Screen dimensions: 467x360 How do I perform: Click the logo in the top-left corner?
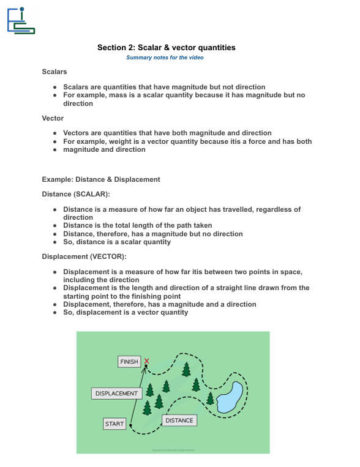click(x=20, y=20)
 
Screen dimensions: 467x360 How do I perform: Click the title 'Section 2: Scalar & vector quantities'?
click(x=166, y=48)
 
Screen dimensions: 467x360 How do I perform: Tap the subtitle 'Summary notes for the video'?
click(x=165, y=58)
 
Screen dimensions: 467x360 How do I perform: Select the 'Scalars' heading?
click(x=54, y=72)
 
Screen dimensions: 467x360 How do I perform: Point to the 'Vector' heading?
click(x=53, y=118)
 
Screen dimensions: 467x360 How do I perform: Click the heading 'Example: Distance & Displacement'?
click(x=101, y=179)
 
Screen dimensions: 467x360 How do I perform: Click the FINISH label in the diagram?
click(x=129, y=362)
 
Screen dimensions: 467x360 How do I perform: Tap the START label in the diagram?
click(x=114, y=424)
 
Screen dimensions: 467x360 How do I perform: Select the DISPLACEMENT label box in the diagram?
click(x=116, y=394)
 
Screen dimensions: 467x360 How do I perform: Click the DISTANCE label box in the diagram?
click(x=179, y=420)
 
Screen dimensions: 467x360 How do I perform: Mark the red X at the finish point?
click(x=147, y=361)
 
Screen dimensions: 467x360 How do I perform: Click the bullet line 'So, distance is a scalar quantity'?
click(x=117, y=242)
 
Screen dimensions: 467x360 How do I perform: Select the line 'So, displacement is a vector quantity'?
click(x=126, y=312)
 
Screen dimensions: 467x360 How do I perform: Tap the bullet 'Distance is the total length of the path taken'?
click(x=137, y=225)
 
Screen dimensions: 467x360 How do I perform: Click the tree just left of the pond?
click(x=210, y=398)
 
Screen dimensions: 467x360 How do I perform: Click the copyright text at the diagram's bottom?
click(x=173, y=450)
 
